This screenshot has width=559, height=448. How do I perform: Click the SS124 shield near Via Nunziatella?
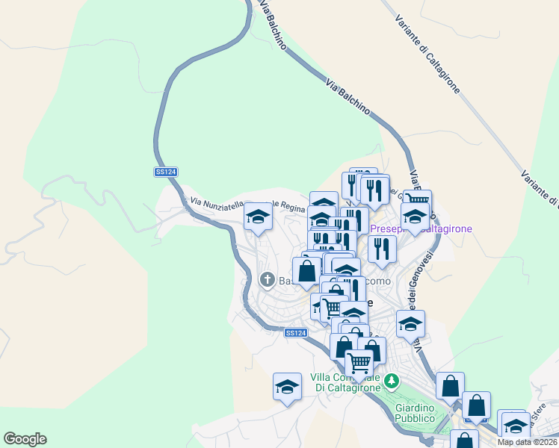pyautogui.click(x=166, y=172)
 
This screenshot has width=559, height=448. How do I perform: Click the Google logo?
pyautogui.click(x=25, y=439)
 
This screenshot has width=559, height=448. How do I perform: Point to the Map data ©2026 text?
pyautogui.click(x=528, y=441)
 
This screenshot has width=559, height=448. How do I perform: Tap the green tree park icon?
pyautogui.click(x=392, y=382)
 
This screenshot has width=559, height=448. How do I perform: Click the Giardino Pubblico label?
pyautogui.click(x=415, y=413)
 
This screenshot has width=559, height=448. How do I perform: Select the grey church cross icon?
pyautogui.click(x=267, y=280)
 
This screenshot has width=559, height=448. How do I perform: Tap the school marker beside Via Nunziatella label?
pyautogui.click(x=259, y=217)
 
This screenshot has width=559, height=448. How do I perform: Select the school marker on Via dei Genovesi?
pyautogui.click(x=410, y=324)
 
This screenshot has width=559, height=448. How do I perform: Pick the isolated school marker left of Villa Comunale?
pyautogui.click(x=287, y=387)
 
